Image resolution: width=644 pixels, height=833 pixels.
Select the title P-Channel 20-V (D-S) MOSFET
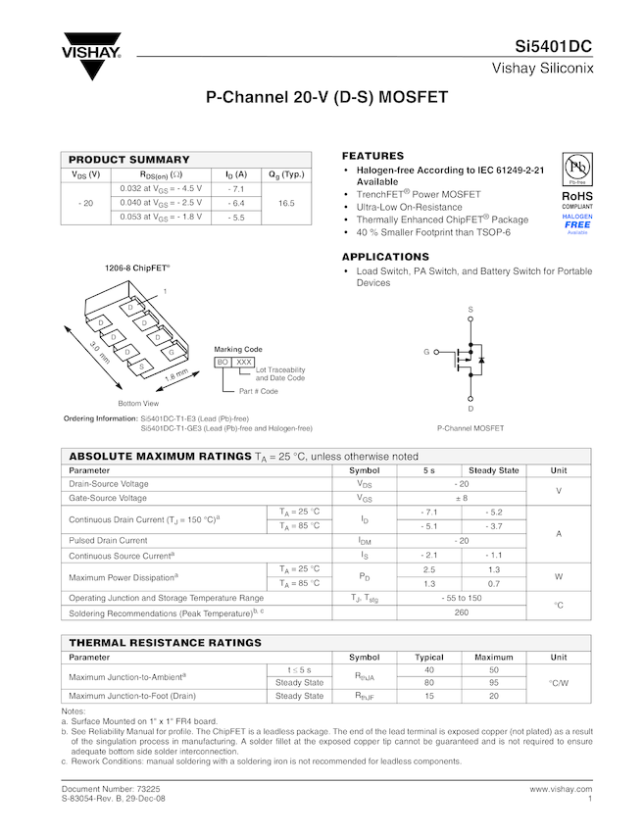(x=326, y=98)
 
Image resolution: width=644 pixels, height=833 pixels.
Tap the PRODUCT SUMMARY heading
(x=128, y=160)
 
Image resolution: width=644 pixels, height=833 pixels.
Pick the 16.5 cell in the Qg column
(x=286, y=203)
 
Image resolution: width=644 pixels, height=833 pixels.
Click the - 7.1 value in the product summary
(x=235, y=188)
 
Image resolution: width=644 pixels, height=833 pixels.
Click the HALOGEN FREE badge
(x=577, y=223)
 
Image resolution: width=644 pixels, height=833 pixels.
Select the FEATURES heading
(x=372, y=156)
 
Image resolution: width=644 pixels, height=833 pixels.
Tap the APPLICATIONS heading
(x=385, y=257)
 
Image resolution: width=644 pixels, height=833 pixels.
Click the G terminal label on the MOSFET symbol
(x=426, y=351)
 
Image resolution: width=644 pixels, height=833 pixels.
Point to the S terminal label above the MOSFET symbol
(x=471, y=310)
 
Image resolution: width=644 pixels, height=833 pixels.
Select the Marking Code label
(x=238, y=349)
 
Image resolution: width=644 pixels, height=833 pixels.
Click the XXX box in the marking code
(x=244, y=363)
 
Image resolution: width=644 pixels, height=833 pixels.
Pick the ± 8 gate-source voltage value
(x=462, y=499)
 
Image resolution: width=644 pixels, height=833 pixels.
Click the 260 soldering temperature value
(x=462, y=612)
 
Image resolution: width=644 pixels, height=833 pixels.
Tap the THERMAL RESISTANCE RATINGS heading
(x=164, y=643)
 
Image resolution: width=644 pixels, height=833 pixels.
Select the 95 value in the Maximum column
(x=494, y=682)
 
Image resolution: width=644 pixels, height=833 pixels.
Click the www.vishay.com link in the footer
(x=561, y=789)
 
